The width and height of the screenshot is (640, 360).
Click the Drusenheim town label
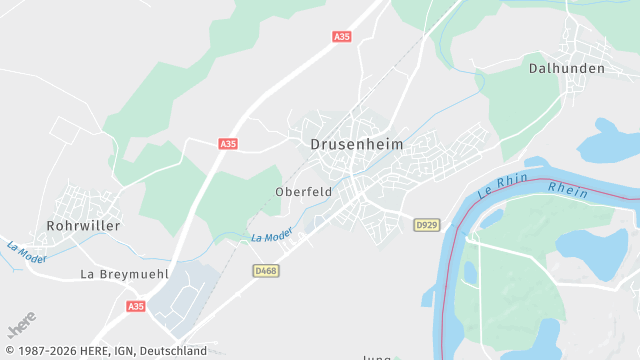click(357, 145)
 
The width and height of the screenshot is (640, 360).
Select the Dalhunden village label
click(565, 69)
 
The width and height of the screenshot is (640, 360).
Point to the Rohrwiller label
click(83, 226)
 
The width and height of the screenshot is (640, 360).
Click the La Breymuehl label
click(124, 273)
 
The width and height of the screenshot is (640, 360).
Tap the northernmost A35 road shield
click(342, 37)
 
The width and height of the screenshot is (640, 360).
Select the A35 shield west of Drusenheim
click(228, 144)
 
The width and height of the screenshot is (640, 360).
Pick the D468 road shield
click(265, 270)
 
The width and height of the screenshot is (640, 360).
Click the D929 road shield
click(426, 226)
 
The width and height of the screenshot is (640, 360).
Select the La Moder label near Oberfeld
click(271, 237)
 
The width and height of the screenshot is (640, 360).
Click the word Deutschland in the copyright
click(173, 351)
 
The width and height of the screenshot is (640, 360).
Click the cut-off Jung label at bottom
click(378, 355)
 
